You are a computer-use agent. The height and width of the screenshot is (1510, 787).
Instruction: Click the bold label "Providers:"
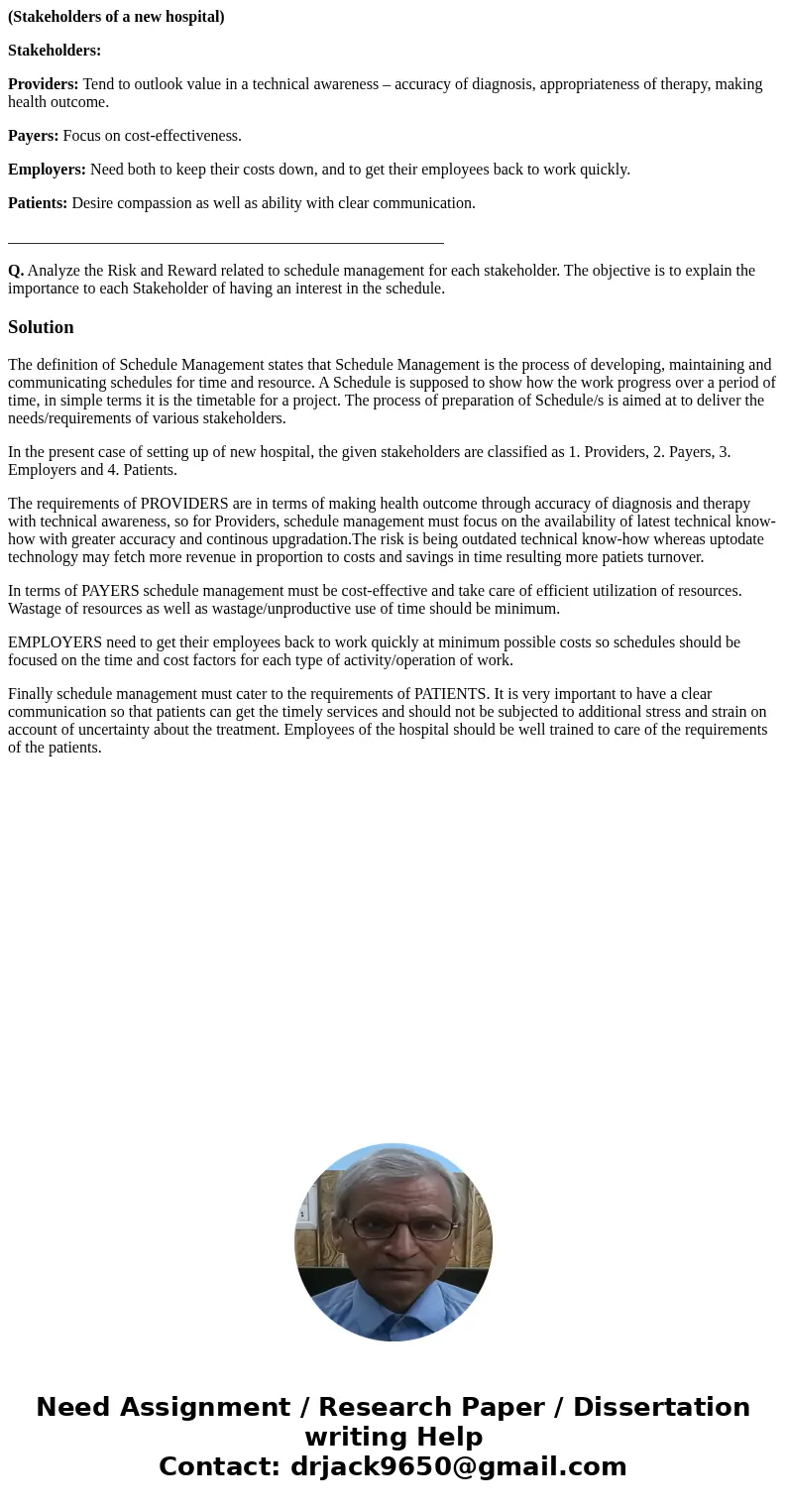(44, 84)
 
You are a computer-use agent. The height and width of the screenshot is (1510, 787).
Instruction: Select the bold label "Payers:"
(34, 136)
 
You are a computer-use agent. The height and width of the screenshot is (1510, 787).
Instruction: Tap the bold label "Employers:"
(47, 170)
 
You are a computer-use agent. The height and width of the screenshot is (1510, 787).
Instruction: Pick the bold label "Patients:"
(38, 203)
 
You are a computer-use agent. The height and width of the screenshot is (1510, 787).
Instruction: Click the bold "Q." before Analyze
(16, 271)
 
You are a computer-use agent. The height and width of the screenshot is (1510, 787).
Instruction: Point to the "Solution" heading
(41, 327)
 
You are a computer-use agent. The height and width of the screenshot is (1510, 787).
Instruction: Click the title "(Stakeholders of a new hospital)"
(116, 17)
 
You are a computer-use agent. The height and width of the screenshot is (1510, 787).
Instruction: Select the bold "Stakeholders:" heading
(55, 51)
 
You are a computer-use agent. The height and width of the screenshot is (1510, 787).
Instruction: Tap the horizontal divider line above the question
(226, 243)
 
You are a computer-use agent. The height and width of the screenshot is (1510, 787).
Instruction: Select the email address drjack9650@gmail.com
(458, 1466)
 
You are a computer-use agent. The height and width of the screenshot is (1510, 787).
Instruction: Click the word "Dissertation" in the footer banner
(661, 1407)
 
